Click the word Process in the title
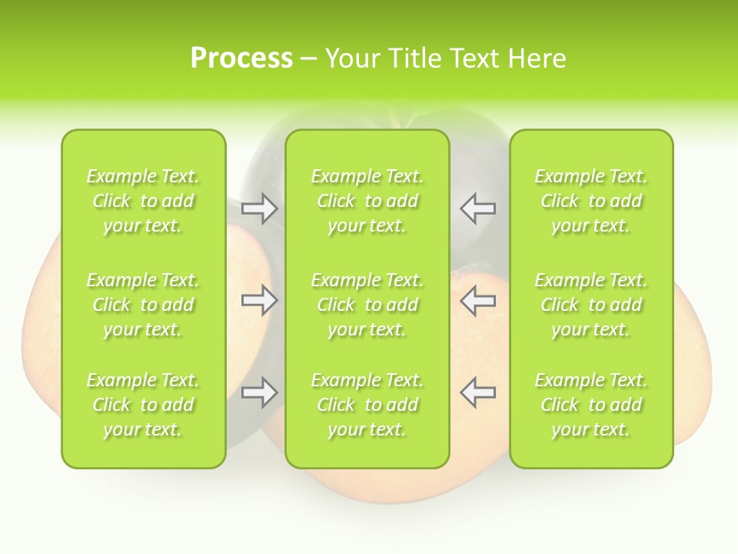[241, 58]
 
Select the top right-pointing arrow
[259, 208]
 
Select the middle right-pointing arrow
[259, 300]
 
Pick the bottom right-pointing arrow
[259, 393]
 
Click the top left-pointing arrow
[478, 208]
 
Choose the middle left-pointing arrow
[478, 300]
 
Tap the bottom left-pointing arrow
[478, 393]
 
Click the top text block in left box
[143, 201]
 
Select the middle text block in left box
[143, 305]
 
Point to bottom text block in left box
[143, 405]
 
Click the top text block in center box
[367, 201]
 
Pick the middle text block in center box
[367, 305]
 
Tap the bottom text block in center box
[367, 405]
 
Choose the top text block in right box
[591, 201]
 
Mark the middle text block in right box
[591, 305]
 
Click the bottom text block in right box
[591, 405]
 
